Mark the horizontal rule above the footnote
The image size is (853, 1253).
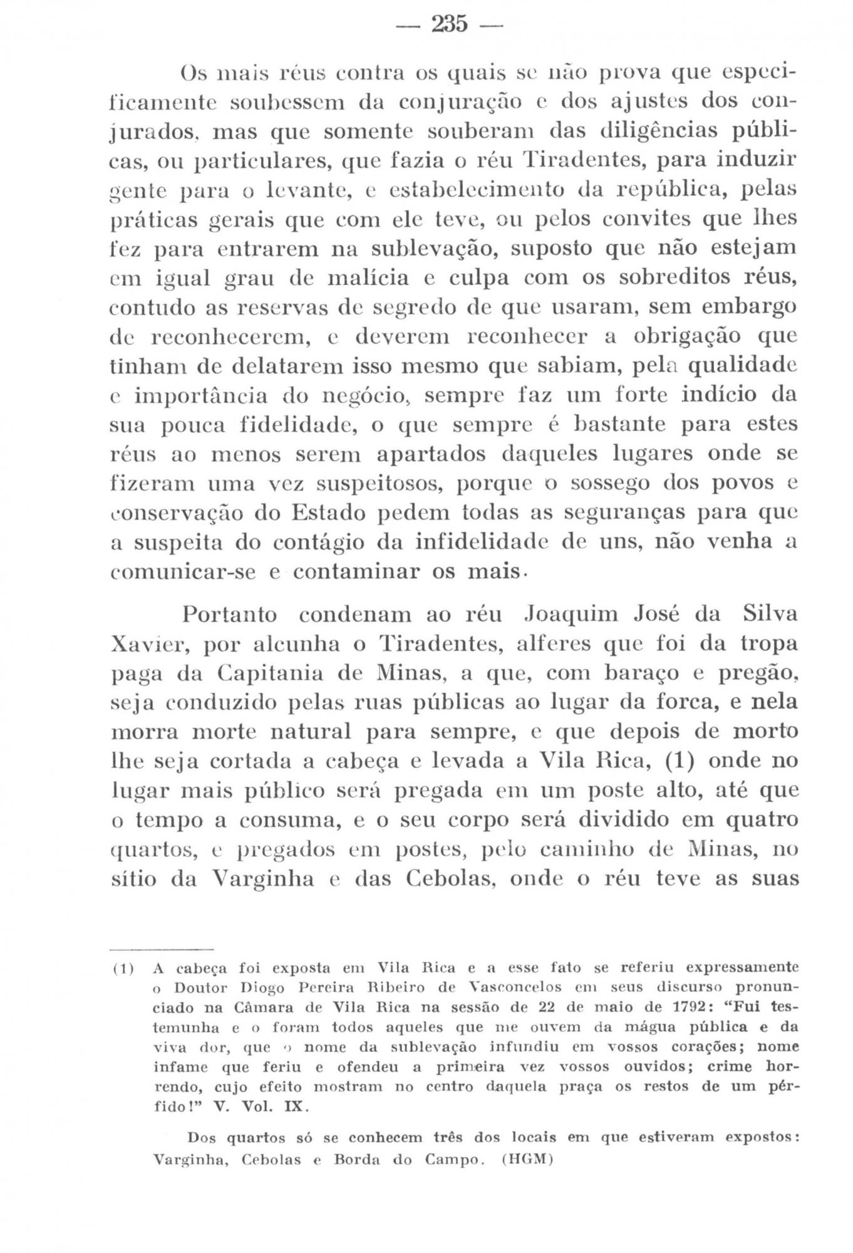(x=162, y=949)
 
